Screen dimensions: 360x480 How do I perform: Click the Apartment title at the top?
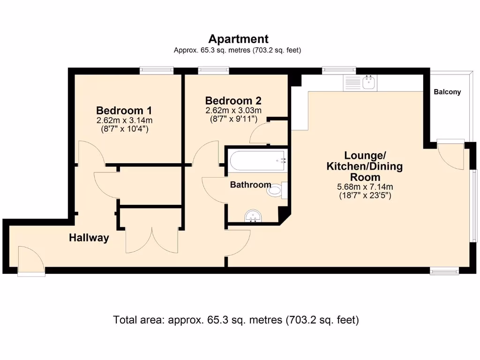point(238,39)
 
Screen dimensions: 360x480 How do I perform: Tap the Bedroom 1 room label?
point(124,111)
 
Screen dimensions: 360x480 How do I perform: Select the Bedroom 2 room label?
point(233,101)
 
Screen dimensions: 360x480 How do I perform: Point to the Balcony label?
point(447,92)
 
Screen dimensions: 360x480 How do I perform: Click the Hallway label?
point(89,238)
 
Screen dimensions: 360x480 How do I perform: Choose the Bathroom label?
point(250,185)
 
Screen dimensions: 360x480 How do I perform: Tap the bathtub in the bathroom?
point(257,161)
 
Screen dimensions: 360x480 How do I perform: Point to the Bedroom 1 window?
point(157,70)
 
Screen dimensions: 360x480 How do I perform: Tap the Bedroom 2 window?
point(213,70)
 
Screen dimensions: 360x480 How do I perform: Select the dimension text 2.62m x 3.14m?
point(124,120)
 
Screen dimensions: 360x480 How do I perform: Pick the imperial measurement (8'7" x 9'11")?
point(233,119)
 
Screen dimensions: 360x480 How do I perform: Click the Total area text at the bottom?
point(236,320)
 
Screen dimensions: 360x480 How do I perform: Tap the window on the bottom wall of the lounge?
point(444,270)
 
